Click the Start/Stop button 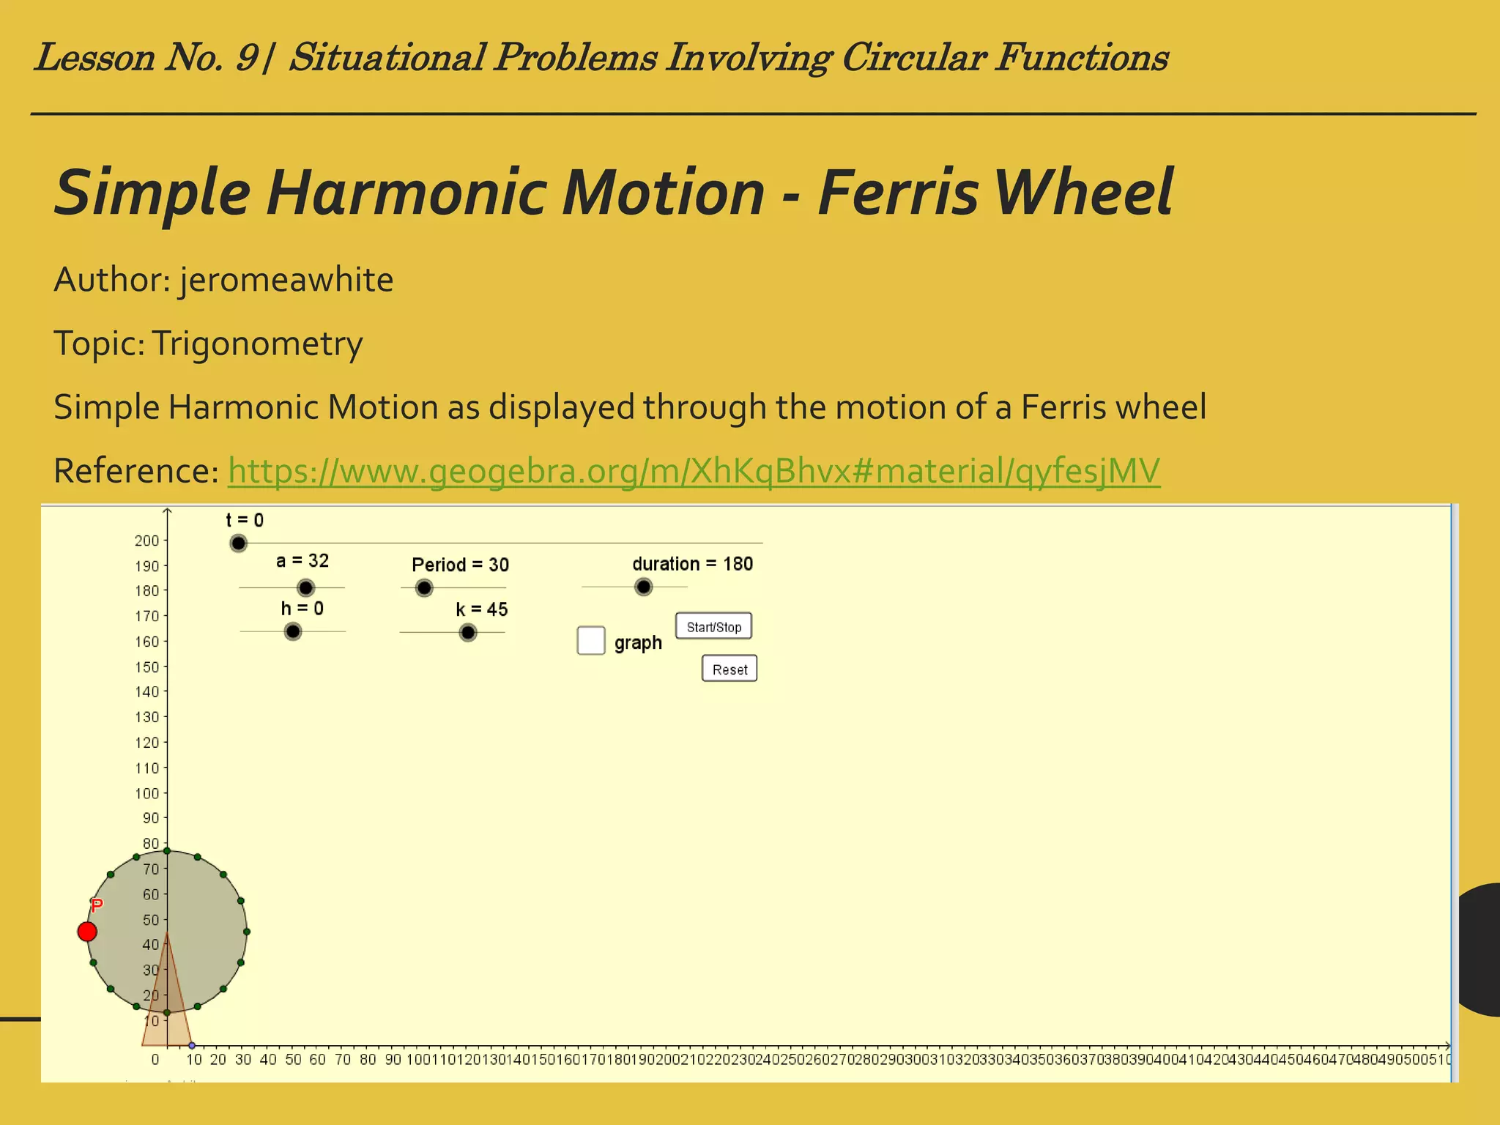tap(713, 626)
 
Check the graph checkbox tap(590, 640)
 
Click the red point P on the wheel tap(87, 932)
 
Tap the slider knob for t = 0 tap(238, 543)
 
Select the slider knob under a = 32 tap(305, 587)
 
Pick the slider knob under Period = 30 tap(424, 587)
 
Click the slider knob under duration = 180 tap(643, 587)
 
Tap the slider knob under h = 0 tap(293, 631)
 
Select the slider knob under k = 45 tap(467, 632)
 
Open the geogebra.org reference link tap(693, 470)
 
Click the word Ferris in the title tap(897, 193)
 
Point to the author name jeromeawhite tap(286, 280)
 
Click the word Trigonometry tap(257, 344)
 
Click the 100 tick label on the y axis tap(146, 793)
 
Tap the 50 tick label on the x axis tap(293, 1060)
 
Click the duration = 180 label tap(692, 564)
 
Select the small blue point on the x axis tap(192, 1045)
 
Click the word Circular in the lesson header tap(913, 57)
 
